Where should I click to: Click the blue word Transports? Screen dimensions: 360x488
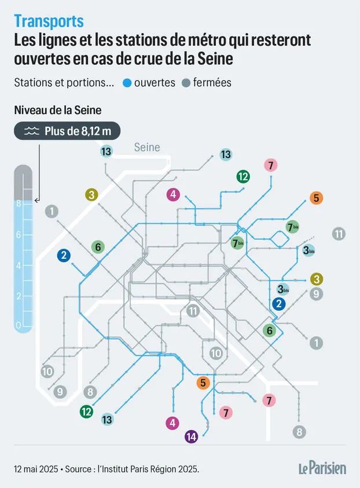49,21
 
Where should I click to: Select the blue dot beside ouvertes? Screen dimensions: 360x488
127,83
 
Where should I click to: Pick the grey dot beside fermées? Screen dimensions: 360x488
186,83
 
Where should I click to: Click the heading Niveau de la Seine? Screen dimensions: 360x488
58,110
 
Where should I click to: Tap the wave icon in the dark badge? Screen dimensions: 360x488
32,131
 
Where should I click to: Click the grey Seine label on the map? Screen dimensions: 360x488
147,147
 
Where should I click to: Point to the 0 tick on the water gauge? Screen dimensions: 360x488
19,325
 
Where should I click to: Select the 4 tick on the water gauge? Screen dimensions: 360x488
19,266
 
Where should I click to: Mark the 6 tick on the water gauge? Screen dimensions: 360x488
19,234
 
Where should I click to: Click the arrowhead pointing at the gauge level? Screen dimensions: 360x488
36,201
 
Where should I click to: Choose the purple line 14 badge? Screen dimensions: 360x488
192,436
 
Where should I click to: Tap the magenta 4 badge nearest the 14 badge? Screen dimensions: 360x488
172,423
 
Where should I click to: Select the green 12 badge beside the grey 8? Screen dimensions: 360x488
86,412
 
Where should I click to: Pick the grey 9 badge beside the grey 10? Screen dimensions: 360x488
60,392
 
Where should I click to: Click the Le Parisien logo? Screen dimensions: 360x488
322,468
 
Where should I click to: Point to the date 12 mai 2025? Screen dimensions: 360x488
36,469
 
